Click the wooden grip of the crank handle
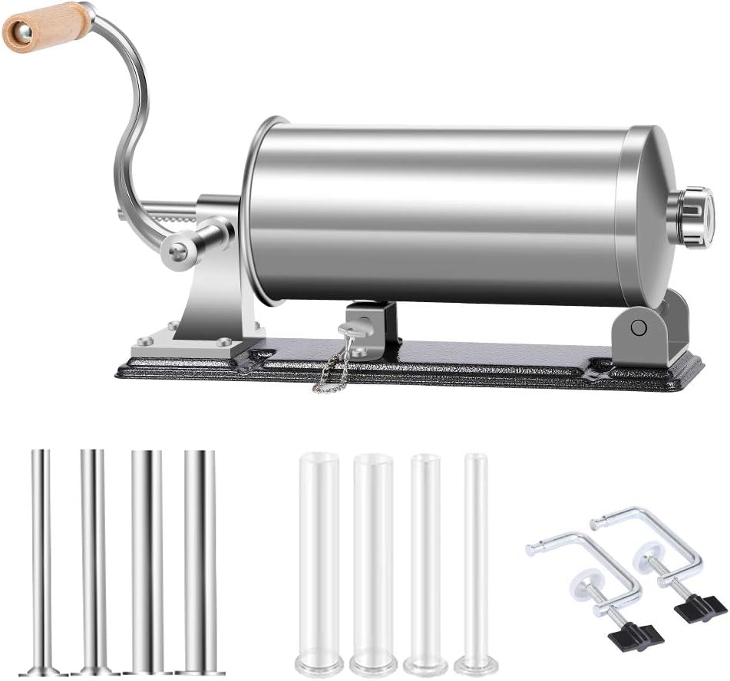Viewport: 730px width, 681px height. click(x=46, y=25)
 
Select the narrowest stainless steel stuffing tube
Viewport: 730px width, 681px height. click(x=42, y=552)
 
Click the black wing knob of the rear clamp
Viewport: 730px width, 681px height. click(x=699, y=607)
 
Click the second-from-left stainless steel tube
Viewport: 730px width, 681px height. click(x=94, y=552)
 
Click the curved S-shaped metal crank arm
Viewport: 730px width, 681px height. click(x=129, y=130)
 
